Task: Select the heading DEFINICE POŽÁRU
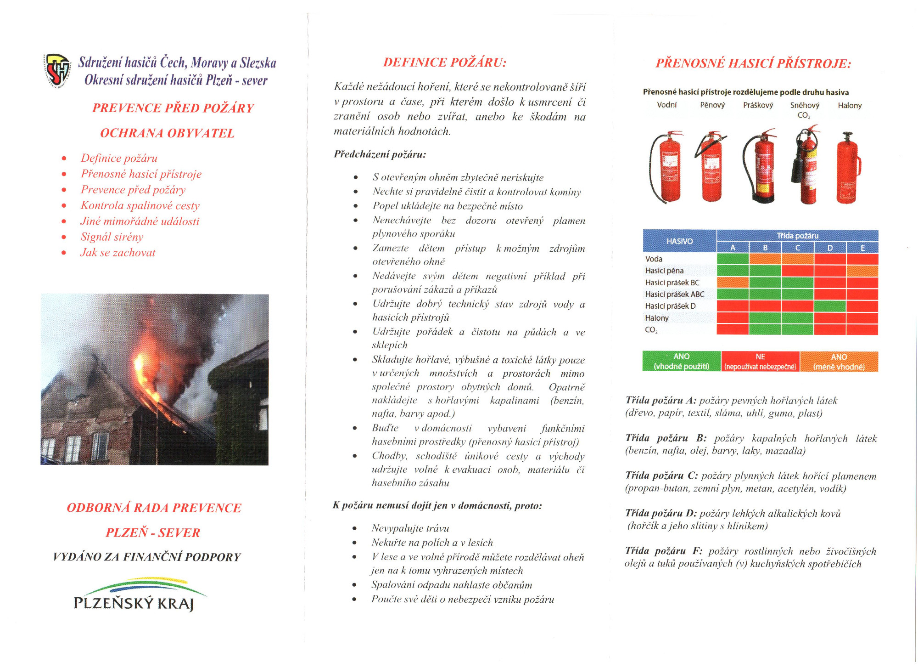click(445, 62)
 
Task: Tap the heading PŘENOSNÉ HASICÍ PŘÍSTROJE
click(753, 63)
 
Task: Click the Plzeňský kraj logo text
click(134, 603)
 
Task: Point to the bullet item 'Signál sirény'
click(112, 237)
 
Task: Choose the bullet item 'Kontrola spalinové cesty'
click(140, 206)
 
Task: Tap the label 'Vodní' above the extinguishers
click(666, 105)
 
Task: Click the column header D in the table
click(830, 248)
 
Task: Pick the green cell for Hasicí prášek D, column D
click(830, 306)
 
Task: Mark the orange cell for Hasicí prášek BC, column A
click(733, 283)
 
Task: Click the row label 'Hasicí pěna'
click(664, 271)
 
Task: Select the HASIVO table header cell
click(679, 241)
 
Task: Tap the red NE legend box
click(760, 362)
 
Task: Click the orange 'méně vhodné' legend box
click(839, 362)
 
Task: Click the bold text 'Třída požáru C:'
click(661, 476)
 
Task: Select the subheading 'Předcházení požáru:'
click(380, 154)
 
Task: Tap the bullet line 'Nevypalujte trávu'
click(410, 528)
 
